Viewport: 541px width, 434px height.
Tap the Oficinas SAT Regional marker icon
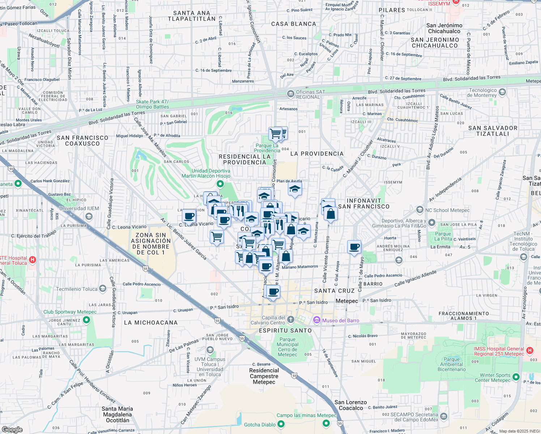pyautogui.click(x=290, y=94)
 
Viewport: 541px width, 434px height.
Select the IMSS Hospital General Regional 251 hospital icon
pyautogui.click(x=530, y=350)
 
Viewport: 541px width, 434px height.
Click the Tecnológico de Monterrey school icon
pyautogui.click(x=502, y=92)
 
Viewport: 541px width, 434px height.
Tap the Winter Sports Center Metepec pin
pyautogui.click(x=516, y=377)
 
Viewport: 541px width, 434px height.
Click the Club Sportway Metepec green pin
pyautogui.click(x=86, y=320)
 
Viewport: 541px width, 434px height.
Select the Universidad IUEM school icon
pyautogui.click(x=89, y=216)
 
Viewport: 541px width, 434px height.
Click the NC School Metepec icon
pyautogui.click(x=420, y=209)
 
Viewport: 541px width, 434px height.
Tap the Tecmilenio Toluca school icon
pyautogui.click(x=103, y=289)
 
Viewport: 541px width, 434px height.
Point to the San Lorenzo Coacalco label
pyautogui.click(x=350, y=405)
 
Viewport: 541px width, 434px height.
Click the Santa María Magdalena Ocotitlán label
pyautogui.click(x=118, y=414)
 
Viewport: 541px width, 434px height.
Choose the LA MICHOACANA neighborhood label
pyautogui.click(x=151, y=323)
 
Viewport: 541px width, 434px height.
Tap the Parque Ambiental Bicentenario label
pyautogui.click(x=452, y=364)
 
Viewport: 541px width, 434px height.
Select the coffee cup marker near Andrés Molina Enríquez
pyautogui.click(x=354, y=247)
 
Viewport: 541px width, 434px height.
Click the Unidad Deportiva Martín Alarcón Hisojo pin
pyautogui.click(x=220, y=185)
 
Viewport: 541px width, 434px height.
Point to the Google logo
pyautogui.click(x=12, y=429)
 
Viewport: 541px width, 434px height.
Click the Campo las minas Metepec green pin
pyautogui.click(x=326, y=423)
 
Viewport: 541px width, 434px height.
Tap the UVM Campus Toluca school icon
pyautogui.click(x=210, y=350)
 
